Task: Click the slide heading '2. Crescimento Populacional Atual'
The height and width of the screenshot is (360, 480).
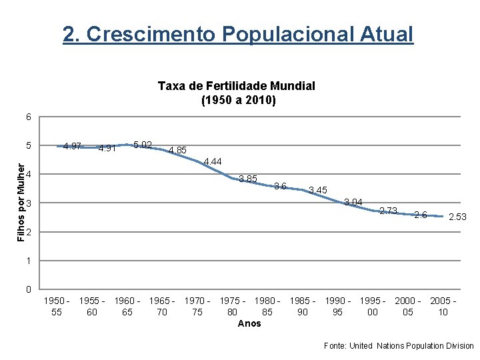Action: (238, 34)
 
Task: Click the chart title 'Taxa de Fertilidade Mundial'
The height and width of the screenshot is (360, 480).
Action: (237, 86)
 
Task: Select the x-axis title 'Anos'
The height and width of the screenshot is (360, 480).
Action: (249, 323)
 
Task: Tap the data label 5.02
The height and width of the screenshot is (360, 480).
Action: (143, 145)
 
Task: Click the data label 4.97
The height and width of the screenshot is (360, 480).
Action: (72, 146)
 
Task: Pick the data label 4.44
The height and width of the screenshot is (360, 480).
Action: (213, 161)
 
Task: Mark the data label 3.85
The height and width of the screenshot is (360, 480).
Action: (248, 179)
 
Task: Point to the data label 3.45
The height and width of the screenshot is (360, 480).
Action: (318, 191)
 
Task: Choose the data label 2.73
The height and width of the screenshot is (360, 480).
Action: (388, 211)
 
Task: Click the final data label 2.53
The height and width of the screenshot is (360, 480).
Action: (457, 217)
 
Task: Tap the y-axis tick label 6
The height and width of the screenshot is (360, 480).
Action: (29, 117)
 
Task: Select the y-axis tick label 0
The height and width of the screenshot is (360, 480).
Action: (29, 289)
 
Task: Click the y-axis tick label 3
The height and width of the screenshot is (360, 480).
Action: (29, 203)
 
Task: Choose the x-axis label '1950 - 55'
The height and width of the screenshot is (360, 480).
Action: (57, 306)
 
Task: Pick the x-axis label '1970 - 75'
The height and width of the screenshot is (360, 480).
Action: (197, 306)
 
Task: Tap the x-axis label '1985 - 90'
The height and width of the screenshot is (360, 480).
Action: (302, 306)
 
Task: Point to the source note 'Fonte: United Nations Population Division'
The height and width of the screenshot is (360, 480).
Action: (398, 346)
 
